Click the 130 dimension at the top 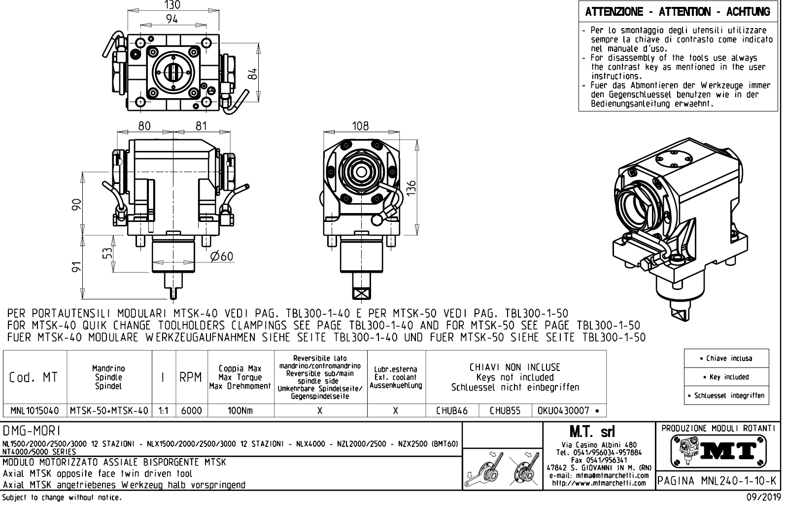(x=171, y=5)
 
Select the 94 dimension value (x=171, y=19)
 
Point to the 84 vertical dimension (x=253, y=73)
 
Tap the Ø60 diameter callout (x=221, y=256)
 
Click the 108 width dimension (x=360, y=126)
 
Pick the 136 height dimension (x=412, y=188)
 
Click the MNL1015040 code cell (x=35, y=410)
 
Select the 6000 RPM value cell (x=191, y=410)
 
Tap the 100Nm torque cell (x=240, y=410)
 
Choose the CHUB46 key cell (x=452, y=410)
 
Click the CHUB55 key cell (x=505, y=410)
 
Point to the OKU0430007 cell (x=565, y=410)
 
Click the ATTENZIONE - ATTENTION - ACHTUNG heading (x=678, y=12)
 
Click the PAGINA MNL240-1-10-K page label (x=717, y=480)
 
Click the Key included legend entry (x=726, y=377)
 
